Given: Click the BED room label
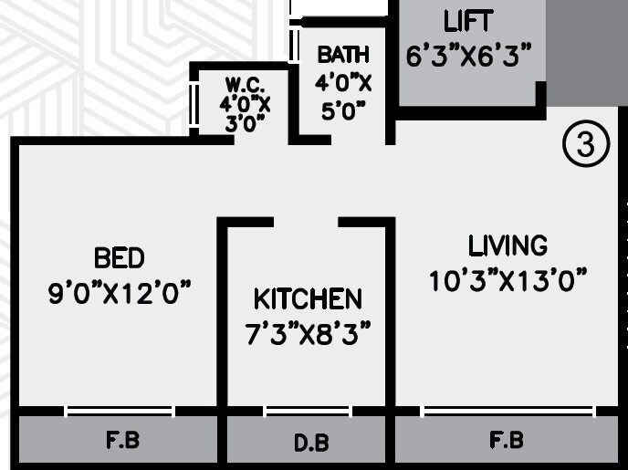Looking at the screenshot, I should coord(120,257).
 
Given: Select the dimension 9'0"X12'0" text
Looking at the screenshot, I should coord(120,293).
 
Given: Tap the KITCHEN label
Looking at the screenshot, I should coord(308,299).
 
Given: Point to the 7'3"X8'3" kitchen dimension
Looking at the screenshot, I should coord(308,334).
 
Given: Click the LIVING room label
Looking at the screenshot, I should coord(508,245).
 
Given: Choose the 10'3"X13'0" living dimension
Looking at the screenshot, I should coord(508,280).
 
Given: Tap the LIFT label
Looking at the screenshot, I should coord(468,21).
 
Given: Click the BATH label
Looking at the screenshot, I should coord(343,55).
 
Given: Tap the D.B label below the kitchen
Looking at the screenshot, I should coord(310,444).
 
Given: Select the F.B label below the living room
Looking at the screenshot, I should coord(507,442).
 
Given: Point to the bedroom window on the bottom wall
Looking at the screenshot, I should coord(120,412).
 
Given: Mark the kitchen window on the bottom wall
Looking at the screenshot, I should coord(308,412).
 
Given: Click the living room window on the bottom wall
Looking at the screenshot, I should coord(508,412).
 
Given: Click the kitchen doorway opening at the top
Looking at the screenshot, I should coord(306,222).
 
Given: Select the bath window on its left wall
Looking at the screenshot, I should coord(295,43).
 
